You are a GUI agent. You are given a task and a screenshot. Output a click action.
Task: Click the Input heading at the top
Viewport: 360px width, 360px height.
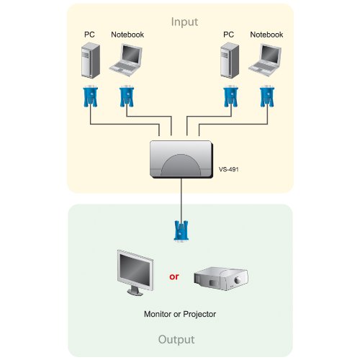tap(184, 22)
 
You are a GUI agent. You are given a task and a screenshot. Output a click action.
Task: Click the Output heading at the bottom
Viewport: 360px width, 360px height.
tap(176, 340)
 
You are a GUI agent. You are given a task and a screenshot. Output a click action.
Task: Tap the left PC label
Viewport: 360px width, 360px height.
tap(89, 35)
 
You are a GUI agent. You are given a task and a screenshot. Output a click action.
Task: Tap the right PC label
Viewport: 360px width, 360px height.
tap(228, 35)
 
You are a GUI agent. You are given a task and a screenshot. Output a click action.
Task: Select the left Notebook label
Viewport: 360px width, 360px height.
tap(127, 35)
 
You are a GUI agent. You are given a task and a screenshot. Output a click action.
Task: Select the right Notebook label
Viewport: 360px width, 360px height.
tap(266, 35)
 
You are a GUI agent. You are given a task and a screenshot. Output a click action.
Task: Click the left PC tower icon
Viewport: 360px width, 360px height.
tap(91, 60)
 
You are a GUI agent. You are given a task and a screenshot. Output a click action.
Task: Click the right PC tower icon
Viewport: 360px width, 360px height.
tap(230, 60)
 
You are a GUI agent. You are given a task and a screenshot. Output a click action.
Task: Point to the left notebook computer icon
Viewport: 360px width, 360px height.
tap(126, 60)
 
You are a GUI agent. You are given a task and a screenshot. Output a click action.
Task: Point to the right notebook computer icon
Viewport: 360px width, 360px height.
tap(265, 60)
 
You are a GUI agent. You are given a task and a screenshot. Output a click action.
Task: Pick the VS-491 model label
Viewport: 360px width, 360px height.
tap(229, 169)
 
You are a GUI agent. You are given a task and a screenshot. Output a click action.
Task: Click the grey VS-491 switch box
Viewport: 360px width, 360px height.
tap(181, 159)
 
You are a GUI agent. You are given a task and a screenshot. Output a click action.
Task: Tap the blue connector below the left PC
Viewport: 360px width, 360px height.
tap(90, 96)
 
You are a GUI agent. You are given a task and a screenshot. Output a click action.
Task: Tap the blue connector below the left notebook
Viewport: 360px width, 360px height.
tap(127, 96)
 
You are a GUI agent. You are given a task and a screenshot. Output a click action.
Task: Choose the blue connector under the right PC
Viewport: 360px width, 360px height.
tap(231, 96)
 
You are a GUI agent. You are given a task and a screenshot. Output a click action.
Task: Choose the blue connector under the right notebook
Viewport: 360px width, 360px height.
tap(267, 96)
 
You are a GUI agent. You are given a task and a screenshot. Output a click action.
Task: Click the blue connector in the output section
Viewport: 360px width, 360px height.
tap(181, 231)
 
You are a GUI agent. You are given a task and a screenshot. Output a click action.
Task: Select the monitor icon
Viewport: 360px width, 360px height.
tap(135, 273)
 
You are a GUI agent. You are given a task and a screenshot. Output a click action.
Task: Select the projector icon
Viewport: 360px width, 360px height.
tap(221, 279)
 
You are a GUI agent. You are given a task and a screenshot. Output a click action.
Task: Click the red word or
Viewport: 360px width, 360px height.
tap(174, 276)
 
